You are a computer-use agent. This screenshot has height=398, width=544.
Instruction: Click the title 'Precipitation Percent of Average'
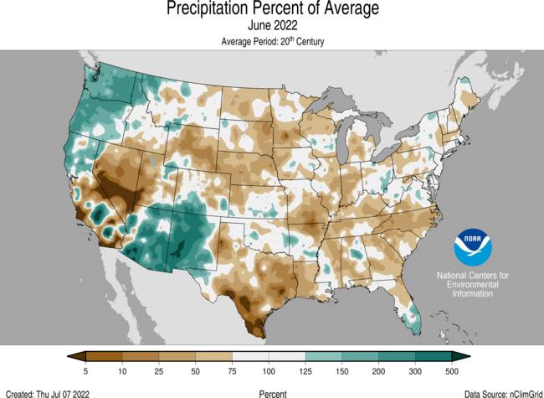[x=272, y=9]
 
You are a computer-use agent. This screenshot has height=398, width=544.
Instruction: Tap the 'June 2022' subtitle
[x=272, y=26]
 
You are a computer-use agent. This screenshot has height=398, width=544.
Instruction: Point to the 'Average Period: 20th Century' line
[x=272, y=41]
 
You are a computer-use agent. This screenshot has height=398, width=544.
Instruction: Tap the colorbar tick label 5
[x=85, y=370]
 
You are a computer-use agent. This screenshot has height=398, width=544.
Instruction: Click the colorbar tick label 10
[x=122, y=370]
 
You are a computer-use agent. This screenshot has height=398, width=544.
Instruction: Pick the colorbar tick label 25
[x=158, y=370]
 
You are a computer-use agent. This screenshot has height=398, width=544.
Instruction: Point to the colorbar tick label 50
[x=195, y=370]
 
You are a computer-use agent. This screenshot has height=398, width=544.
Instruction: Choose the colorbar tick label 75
[x=232, y=370]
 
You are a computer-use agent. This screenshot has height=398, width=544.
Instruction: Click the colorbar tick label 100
[x=269, y=370]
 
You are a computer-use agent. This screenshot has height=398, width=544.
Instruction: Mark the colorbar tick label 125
[x=305, y=370]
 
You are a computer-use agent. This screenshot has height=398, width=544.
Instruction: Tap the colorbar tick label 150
[x=341, y=370]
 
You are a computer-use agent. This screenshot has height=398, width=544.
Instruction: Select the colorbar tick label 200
[x=378, y=370]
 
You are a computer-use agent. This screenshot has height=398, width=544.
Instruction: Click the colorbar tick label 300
[x=415, y=370]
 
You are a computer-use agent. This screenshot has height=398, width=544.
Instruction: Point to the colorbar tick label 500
[x=452, y=370]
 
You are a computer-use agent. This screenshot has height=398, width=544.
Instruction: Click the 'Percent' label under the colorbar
[x=272, y=392]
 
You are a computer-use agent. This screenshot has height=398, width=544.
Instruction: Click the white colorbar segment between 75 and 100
[x=250, y=356]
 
